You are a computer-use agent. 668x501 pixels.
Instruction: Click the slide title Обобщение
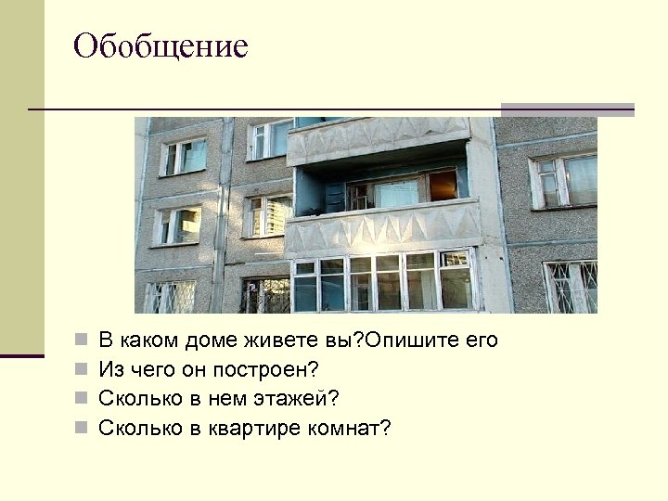[161, 45]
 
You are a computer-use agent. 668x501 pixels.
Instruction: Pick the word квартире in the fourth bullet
[238, 428]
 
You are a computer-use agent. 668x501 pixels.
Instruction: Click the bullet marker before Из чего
[82, 370]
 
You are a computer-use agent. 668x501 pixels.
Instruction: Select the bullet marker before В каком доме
[82, 341]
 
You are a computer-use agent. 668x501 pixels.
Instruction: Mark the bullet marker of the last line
[82, 429]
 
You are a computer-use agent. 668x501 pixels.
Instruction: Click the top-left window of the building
[184, 156]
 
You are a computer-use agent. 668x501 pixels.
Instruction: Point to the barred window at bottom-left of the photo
[169, 297]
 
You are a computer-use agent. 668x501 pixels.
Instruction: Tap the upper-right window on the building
[564, 180]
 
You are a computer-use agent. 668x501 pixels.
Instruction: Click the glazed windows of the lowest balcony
[382, 281]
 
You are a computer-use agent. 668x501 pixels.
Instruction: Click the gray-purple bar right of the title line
[567, 109]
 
